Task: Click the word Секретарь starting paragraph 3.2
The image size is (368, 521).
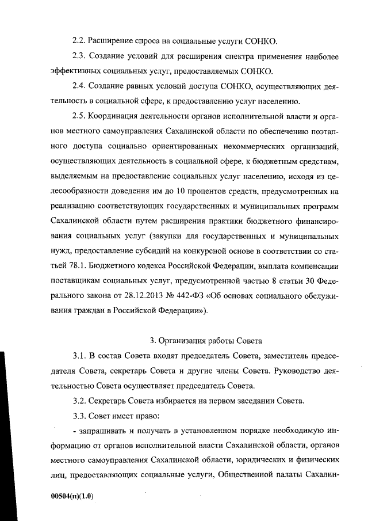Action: tap(112, 401)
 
